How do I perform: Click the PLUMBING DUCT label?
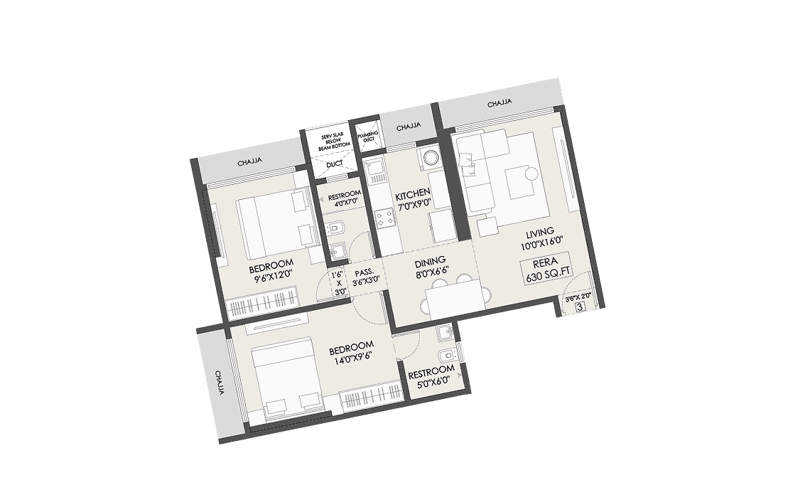368,136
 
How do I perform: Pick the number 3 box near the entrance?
580,308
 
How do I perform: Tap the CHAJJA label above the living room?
500,104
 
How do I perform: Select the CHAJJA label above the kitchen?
409,127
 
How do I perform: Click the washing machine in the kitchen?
430,157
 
